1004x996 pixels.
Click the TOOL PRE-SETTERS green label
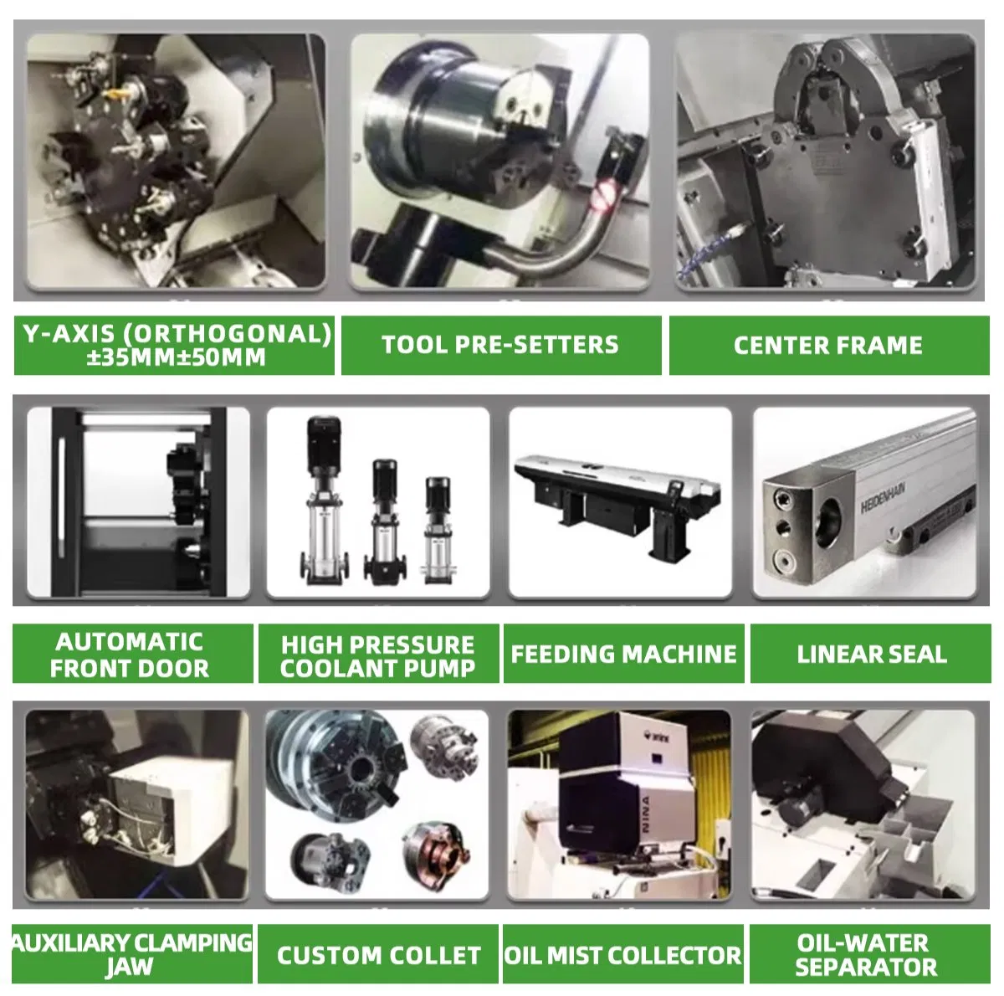501,345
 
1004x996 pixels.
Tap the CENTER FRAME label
829,345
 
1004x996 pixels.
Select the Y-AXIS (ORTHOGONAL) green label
174,345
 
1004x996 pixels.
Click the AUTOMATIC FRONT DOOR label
132,654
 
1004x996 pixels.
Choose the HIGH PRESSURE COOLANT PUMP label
379,654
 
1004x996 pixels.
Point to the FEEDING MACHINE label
623,654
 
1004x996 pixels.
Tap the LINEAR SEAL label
871,654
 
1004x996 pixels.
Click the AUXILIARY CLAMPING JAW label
132,954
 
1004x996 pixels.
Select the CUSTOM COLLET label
378,954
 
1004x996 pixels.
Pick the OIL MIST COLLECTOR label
623,954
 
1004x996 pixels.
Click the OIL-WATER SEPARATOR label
870,954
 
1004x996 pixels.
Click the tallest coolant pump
322,501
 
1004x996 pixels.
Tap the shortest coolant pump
438,530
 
